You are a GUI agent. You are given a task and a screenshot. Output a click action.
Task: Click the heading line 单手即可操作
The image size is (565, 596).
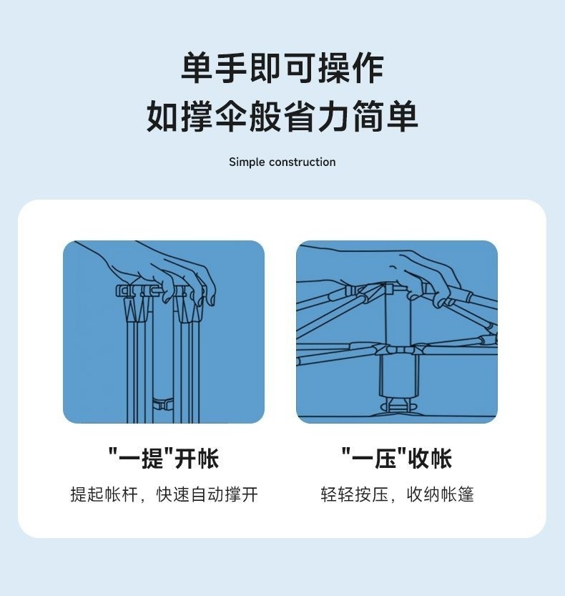[282, 69]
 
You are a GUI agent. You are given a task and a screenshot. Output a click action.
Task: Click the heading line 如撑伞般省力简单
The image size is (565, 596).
[282, 117]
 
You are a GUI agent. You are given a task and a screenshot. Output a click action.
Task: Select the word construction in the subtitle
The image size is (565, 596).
[303, 162]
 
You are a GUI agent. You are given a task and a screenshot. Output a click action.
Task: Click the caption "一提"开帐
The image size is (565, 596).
[163, 458]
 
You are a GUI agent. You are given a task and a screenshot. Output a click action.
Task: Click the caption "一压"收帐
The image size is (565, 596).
[396, 458]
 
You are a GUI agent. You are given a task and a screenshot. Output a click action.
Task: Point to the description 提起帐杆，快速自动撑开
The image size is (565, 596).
[163, 494]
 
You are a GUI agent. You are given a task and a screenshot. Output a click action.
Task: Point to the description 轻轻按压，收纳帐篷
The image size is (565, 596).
[396, 494]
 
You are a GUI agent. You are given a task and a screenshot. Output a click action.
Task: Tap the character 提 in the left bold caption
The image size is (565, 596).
[152, 458]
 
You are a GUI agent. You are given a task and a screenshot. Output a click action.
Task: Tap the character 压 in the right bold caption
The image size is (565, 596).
[384, 458]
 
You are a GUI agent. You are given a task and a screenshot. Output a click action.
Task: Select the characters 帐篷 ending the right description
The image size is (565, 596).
[458, 494]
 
